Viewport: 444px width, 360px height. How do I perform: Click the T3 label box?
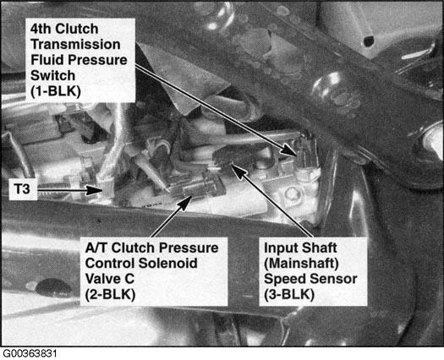point(23,189)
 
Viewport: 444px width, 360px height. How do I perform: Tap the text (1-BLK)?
point(56,91)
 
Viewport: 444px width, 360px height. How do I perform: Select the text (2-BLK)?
point(110,295)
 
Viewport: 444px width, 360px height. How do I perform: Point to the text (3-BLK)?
point(289,295)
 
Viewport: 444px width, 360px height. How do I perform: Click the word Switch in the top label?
point(52,75)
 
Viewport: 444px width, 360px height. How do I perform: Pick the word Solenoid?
point(168,263)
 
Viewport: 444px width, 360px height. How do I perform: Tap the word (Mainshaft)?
point(301,264)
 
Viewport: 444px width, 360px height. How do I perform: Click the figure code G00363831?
point(29,354)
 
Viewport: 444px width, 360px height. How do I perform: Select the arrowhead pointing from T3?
point(95,189)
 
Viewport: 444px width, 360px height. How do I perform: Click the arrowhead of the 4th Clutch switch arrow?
point(289,150)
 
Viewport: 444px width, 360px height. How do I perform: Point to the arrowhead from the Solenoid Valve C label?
point(186,202)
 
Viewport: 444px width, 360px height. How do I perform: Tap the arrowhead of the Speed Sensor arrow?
point(238,171)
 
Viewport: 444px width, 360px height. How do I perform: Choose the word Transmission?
point(75,45)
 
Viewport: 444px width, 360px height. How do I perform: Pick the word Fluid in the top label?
point(47,60)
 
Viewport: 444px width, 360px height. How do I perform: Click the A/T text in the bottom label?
point(96,248)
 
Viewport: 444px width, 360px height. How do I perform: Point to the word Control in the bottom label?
point(110,263)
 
